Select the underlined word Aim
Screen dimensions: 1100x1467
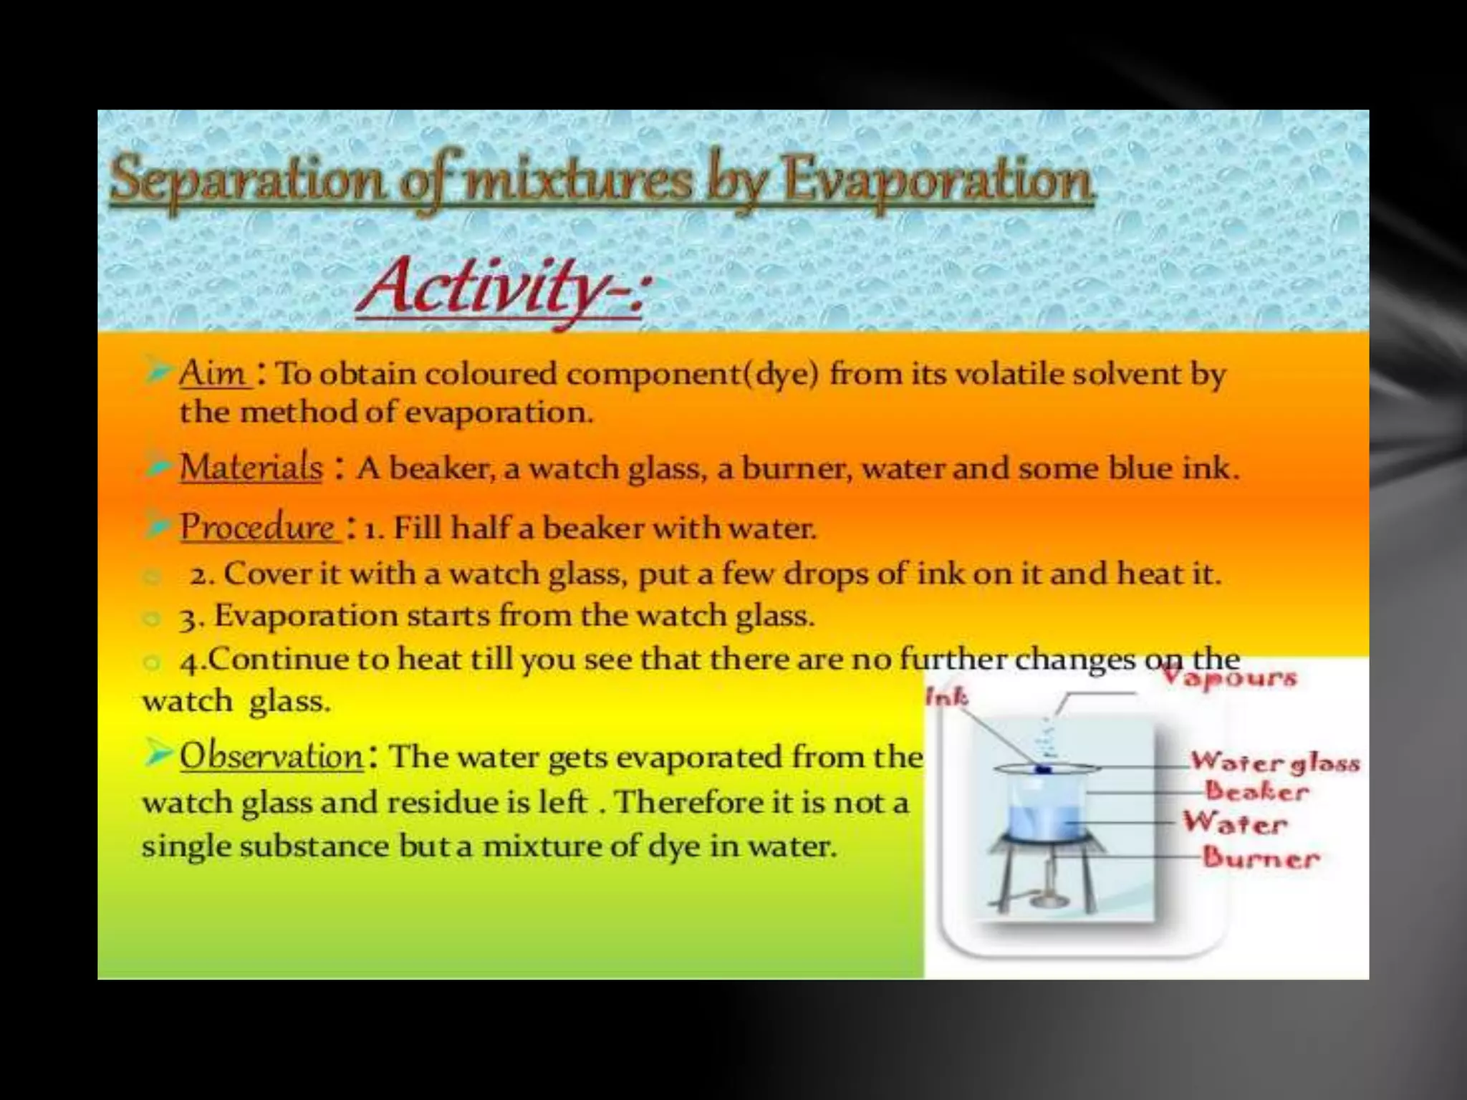(213, 374)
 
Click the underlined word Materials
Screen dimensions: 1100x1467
(251, 468)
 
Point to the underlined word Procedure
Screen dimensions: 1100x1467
(258, 528)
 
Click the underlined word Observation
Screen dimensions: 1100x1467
(271, 757)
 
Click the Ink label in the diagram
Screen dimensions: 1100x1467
(946, 696)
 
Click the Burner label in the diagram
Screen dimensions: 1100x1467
(1261, 858)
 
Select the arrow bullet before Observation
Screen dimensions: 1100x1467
(158, 754)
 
